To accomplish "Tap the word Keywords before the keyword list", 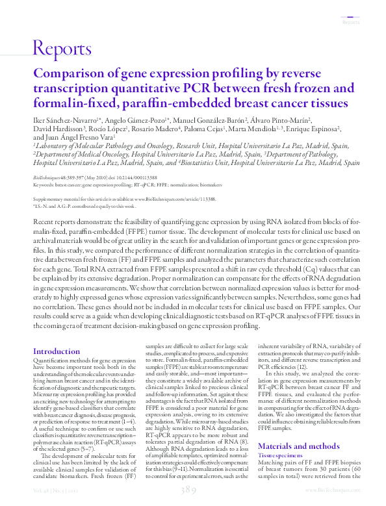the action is click(x=44, y=184).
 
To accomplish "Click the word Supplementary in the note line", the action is click(x=50, y=199).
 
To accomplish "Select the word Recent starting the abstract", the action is click(x=44, y=222).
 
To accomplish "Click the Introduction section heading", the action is click(x=57, y=351).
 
